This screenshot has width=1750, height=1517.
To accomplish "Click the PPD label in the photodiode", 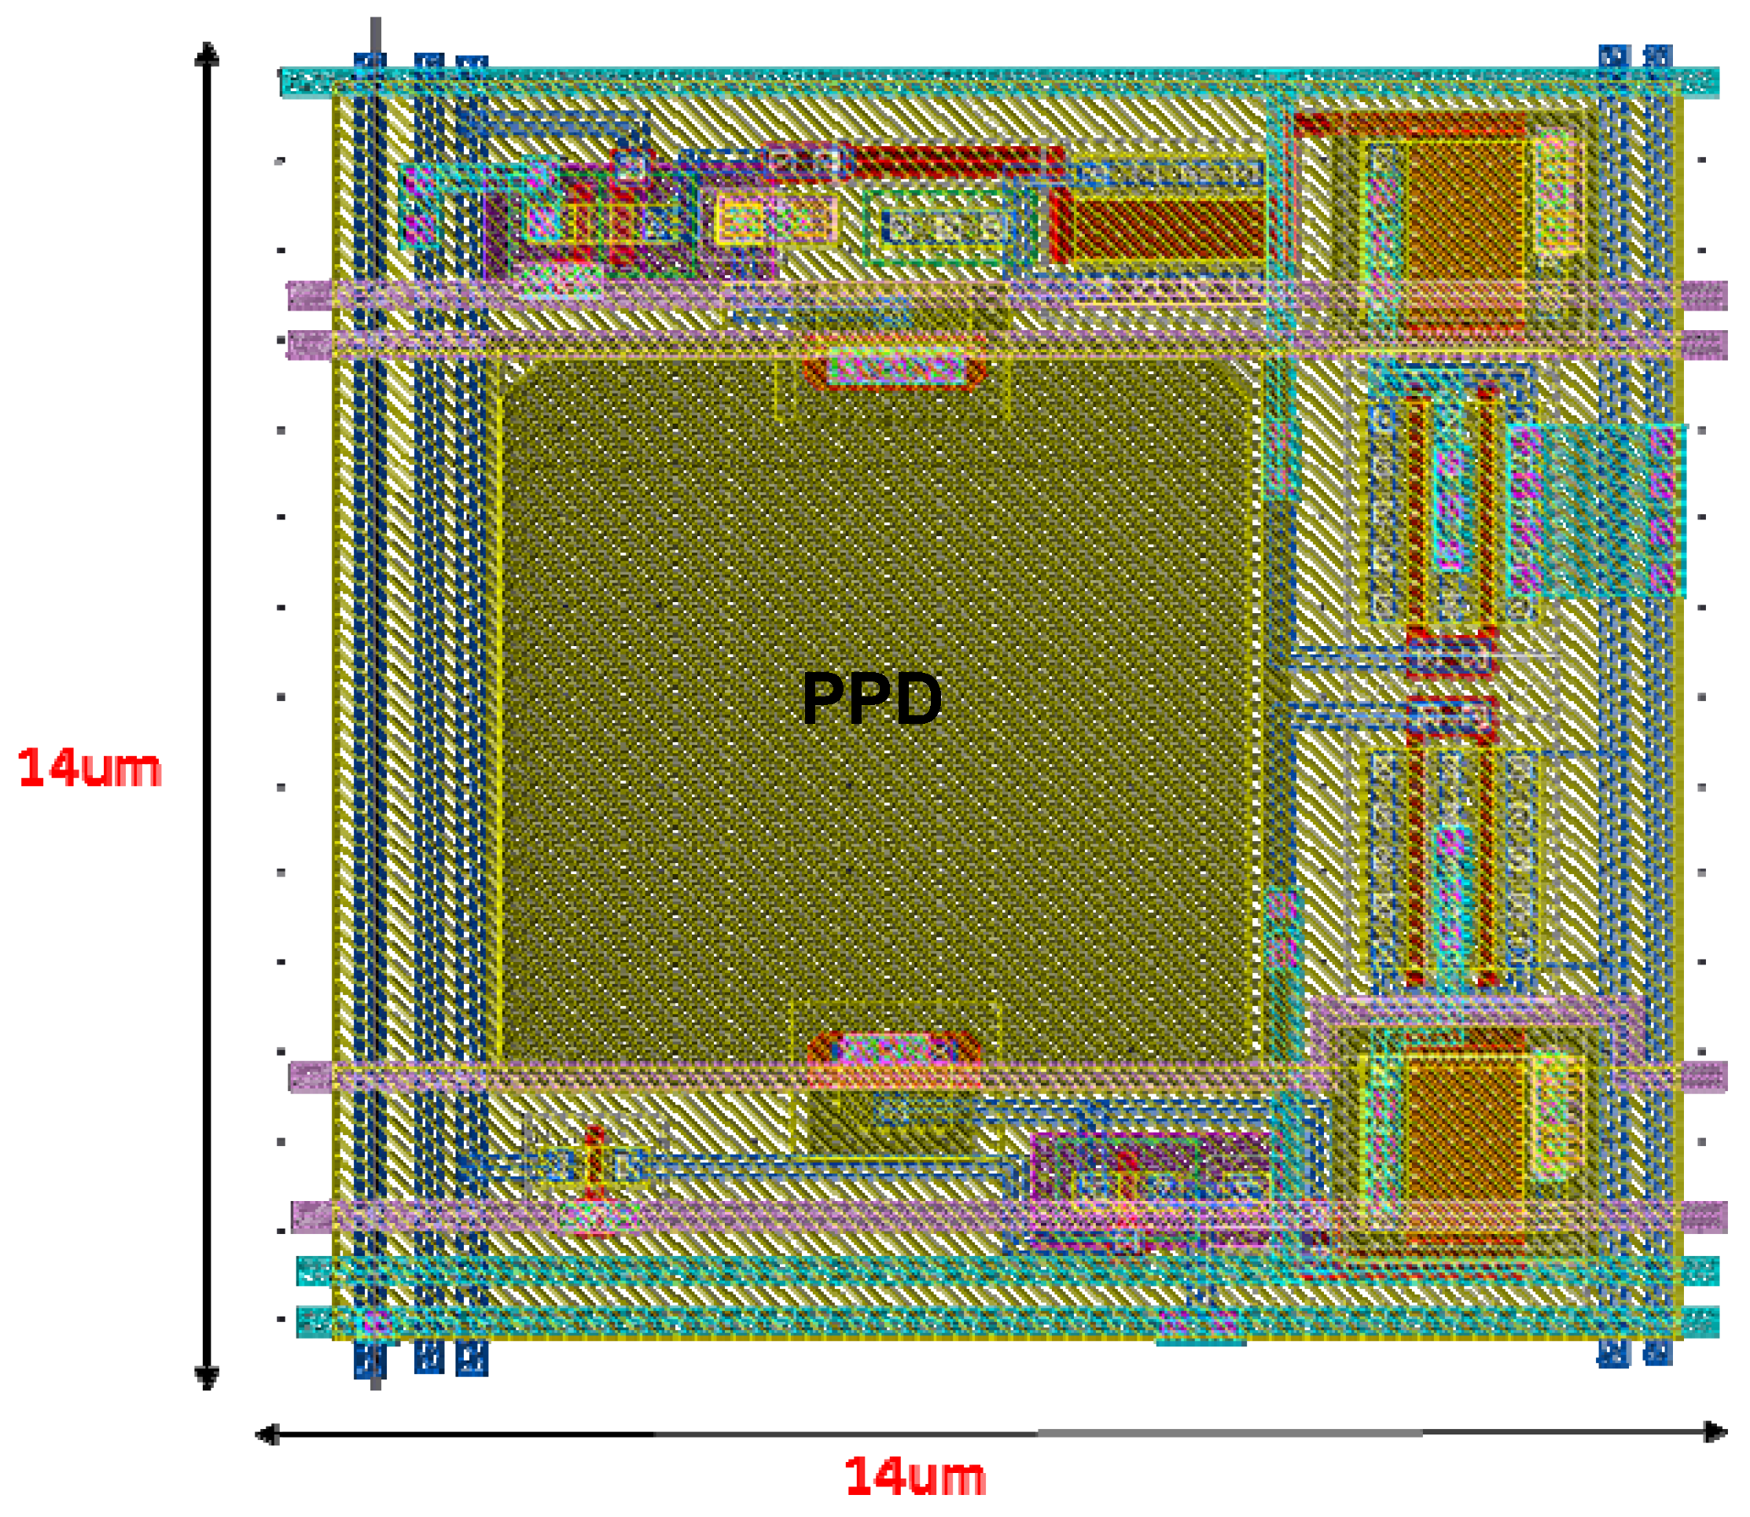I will point(871,699).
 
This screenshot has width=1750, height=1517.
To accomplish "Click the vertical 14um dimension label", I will point(90,768).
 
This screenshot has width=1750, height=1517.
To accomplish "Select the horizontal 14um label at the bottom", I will point(915,1477).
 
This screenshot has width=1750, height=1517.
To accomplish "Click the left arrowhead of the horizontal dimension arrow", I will point(267,1434).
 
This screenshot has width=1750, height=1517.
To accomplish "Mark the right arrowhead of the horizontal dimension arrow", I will point(1715,1432).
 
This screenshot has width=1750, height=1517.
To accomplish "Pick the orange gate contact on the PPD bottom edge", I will point(894,1052).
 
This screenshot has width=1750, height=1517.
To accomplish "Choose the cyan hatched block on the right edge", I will point(1597,509).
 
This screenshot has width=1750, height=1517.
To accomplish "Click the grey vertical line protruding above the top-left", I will point(375,38).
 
